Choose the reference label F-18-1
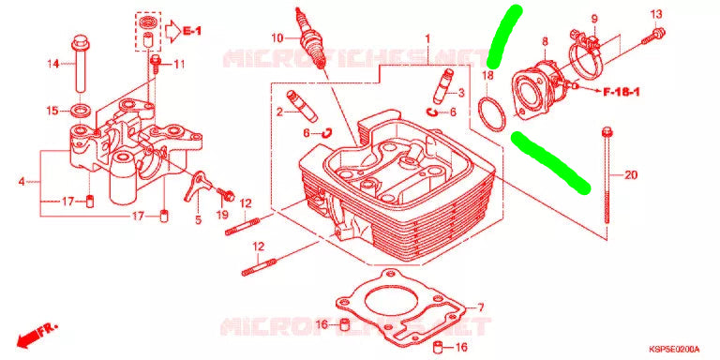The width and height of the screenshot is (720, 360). (622, 91)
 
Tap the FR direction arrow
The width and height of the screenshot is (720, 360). (37, 335)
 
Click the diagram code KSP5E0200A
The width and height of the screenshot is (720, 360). (673, 347)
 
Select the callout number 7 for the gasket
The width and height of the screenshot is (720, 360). (479, 307)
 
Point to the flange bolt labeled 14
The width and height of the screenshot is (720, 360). (78, 65)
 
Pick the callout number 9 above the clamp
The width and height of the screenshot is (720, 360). (592, 20)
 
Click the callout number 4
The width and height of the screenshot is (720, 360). (22, 181)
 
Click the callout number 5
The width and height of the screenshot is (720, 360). (197, 220)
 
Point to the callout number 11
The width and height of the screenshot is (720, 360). (178, 64)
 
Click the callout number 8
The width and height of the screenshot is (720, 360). (545, 41)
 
